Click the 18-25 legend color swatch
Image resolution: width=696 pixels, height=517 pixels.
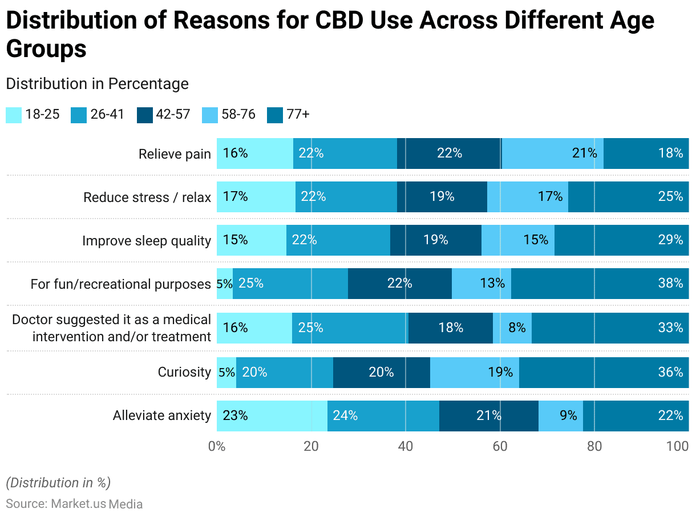(14, 115)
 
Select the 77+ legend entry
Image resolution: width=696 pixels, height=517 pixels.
(289, 115)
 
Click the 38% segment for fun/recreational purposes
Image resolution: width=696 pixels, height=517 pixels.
(600, 283)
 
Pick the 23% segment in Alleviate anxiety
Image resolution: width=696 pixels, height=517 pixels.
(272, 415)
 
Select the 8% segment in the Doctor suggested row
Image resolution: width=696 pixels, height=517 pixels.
(512, 328)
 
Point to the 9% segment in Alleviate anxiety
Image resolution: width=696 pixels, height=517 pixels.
(560, 415)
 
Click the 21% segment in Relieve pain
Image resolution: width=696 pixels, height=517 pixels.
(552, 153)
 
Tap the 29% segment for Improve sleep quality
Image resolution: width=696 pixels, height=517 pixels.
(621, 240)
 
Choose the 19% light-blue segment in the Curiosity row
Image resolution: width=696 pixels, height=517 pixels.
(474, 372)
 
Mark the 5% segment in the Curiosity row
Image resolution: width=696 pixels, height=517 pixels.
(226, 372)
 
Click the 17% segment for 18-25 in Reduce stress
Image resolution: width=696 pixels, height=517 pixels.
(256, 197)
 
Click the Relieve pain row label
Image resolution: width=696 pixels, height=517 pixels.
(175, 154)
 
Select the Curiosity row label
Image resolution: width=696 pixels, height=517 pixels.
(184, 373)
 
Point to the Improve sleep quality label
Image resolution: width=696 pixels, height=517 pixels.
(146, 241)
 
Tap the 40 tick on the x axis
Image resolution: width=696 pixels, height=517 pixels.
(405, 446)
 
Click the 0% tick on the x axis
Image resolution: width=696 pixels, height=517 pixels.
(217, 446)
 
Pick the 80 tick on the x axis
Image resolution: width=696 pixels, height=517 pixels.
(594, 446)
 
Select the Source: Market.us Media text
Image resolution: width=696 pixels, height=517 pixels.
(74, 504)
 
